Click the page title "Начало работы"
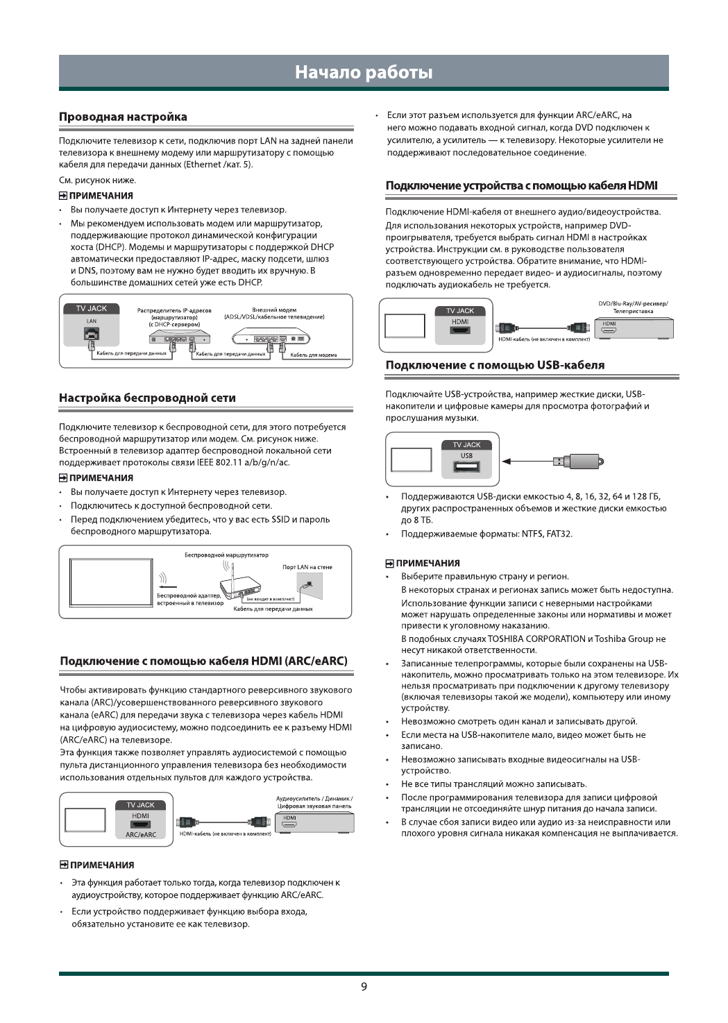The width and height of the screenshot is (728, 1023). pyautogui.click(x=364, y=72)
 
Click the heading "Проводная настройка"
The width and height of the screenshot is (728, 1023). pyautogui.click(x=123, y=117)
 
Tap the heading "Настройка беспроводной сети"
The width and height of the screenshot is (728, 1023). pyautogui.click(x=147, y=398)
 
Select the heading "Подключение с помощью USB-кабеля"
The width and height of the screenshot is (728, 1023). pyautogui.click(x=495, y=365)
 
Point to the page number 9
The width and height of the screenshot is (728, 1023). pyautogui.click(x=364, y=987)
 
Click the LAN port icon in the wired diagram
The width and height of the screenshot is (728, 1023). pyautogui.click(x=92, y=335)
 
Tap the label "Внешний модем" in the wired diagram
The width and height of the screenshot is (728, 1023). pyautogui.click(x=274, y=310)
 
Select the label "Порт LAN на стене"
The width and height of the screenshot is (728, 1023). pyautogui.click(x=307, y=567)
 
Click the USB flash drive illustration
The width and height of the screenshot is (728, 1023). pyautogui.click(x=578, y=461)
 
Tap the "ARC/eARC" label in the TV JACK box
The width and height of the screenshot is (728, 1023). pyautogui.click(x=140, y=834)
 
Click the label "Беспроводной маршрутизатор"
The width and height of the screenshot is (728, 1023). pyautogui.click(x=226, y=555)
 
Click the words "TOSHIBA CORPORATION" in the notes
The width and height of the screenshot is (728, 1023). pyautogui.click(x=536, y=639)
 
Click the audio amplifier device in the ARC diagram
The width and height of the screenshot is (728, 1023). pyautogui.click(x=314, y=822)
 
